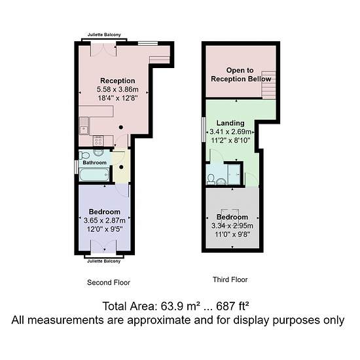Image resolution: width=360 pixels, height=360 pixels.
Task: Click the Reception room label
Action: click(118, 81)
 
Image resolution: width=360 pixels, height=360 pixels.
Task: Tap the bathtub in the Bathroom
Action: click(94, 175)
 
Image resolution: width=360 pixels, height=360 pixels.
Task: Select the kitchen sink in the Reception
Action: click(84, 126)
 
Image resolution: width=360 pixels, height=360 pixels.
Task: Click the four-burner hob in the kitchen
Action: click(98, 141)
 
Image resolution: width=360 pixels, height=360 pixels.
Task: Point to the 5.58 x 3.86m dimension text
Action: click(118, 89)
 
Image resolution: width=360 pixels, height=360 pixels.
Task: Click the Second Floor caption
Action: click(109, 282)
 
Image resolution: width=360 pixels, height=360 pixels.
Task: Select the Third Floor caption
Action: click(230, 279)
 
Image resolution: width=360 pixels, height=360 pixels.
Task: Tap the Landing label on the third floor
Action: click(230, 123)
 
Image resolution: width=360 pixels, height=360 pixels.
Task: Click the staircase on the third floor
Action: click(268, 84)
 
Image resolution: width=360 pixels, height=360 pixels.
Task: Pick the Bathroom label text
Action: click(95, 162)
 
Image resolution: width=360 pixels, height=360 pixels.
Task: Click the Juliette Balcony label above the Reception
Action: click(104, 35)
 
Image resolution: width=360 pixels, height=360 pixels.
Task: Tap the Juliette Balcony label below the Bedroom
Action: click(104, 261)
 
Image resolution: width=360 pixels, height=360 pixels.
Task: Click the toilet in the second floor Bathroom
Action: click(84, 155)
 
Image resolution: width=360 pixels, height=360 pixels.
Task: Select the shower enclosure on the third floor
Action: click(234, 174)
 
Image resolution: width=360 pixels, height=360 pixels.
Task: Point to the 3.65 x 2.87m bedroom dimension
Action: click(105, 221)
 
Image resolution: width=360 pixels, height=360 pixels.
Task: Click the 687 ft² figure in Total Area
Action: click(232, 306)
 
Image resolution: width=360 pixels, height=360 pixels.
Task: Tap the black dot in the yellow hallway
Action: click(121, 167)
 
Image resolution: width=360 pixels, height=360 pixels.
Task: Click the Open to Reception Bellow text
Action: click(241, 75)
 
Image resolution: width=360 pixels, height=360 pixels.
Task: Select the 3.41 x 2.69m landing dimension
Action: click(230, 132)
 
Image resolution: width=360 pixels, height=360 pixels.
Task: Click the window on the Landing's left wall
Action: click(204, 130)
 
